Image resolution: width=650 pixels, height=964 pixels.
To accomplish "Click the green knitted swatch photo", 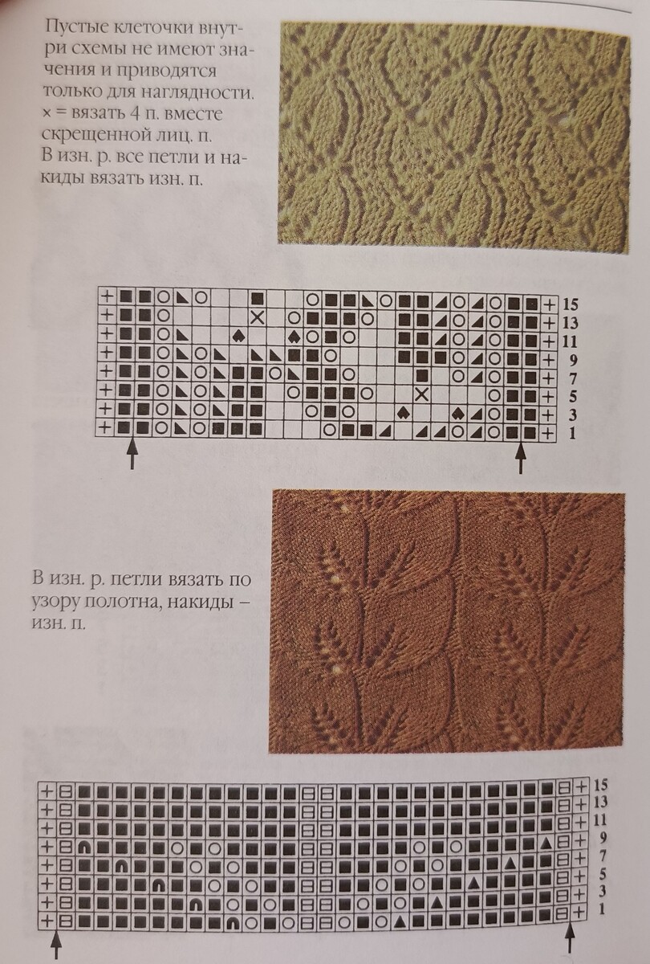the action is (x=453, y=137).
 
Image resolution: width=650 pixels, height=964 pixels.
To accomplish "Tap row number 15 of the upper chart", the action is (x=570, y=305).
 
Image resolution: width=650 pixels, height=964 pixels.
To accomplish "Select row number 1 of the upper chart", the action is (x=572, y=433).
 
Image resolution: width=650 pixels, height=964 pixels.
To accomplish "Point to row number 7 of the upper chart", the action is (x=572, y=378).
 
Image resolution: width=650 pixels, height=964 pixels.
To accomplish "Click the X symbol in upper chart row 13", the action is (x=257, y=318).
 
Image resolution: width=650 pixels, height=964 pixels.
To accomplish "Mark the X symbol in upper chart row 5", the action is (x=422, y=394).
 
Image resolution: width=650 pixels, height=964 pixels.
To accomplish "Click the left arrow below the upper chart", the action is (x=132, y=454).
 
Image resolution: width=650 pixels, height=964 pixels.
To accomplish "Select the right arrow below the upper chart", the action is (x=521, y=458).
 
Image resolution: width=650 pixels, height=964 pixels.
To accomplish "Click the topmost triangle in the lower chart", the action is (x=546, y=840).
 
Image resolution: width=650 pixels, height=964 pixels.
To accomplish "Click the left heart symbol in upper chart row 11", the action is (x=237, y=336).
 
